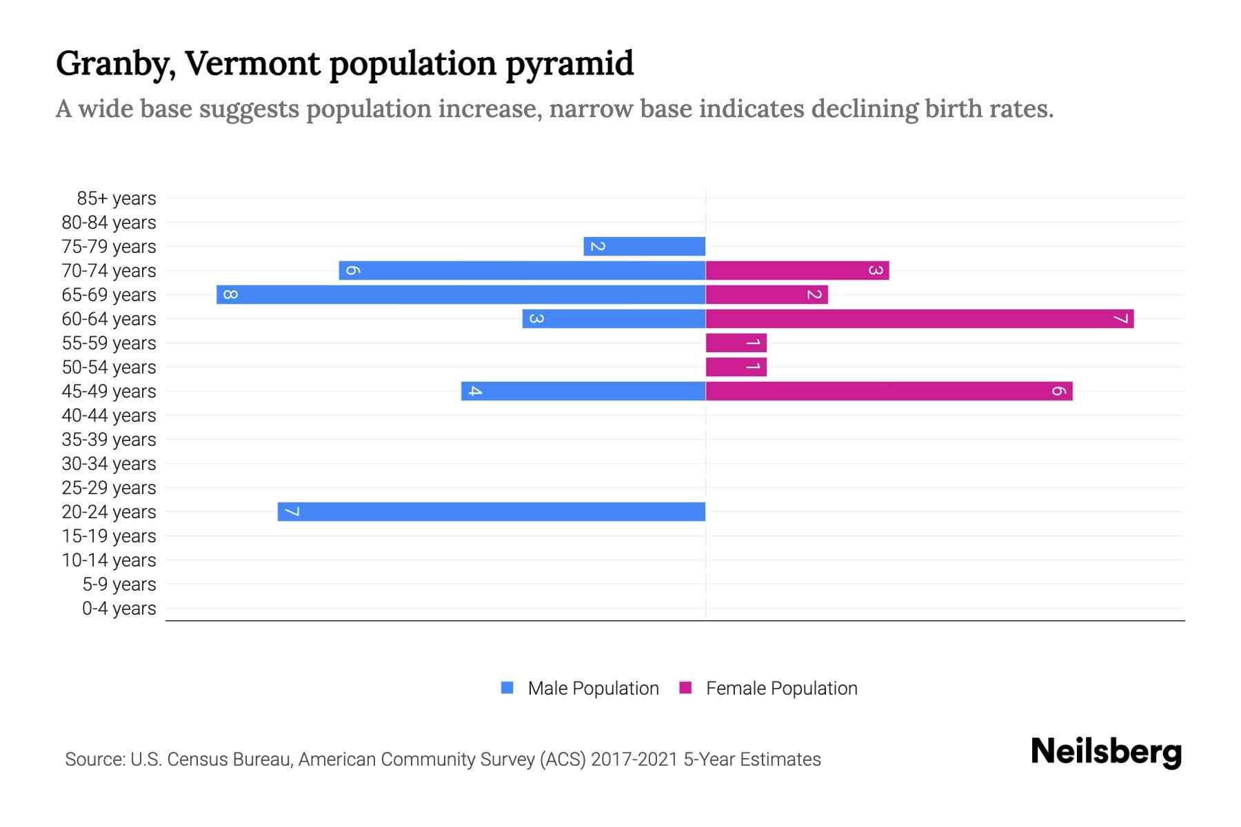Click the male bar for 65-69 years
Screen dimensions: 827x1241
(x=461, y=295)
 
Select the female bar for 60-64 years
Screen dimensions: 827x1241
(x=919, y=319)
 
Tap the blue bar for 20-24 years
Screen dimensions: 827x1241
(x=491, y=512)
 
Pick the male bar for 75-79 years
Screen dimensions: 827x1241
(x=644, y=247)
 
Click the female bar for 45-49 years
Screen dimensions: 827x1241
(x=889, y=391)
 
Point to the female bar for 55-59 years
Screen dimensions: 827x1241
(x=736, y=343)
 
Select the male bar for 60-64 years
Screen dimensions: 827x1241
(x=614, y=319)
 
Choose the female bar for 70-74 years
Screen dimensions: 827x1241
(x=797, y=271)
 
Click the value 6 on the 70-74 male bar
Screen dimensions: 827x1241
(x=352, y=271)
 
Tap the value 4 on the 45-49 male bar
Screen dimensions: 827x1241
(x=474, y=391)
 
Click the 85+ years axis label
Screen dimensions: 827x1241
(x=117, y=198)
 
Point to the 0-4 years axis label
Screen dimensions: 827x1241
(x=119, y=609)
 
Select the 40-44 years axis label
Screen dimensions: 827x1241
(x=109, y=416)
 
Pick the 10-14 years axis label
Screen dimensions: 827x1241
(x=109, y=560)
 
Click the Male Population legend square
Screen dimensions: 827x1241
(x=507, y=688)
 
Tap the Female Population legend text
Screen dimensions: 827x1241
(x=781, y=688)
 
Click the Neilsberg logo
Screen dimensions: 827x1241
(x=1106, y=752)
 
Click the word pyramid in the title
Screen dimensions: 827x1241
(x=569, y=64)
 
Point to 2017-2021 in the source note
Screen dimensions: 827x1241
(x=634, y=759)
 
